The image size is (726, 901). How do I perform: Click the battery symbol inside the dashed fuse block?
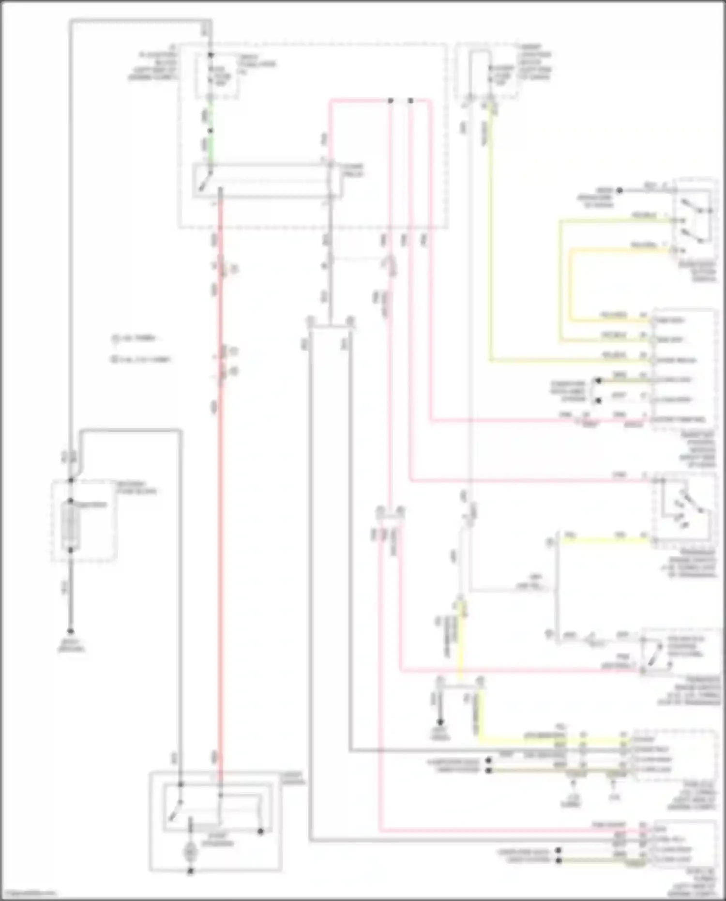click(x=71, y=525)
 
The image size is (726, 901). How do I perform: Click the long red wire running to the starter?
click(x=219, y=484)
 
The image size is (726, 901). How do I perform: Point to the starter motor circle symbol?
click(x=190, y=852)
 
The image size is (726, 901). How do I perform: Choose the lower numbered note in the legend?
click(x=140, y=359)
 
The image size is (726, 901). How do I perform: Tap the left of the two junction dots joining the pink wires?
click(x=390, y=101)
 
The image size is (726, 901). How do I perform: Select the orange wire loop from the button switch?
click(x=571, y=283)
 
